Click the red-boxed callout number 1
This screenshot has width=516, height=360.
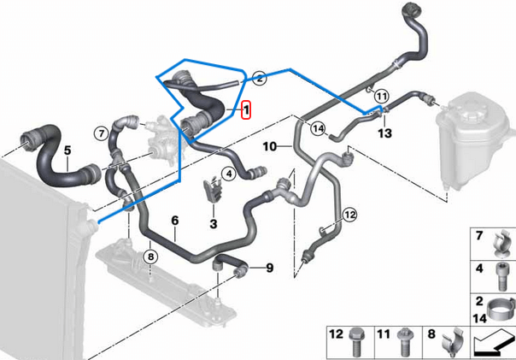(246, 111)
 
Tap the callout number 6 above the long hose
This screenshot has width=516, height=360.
(174, 221)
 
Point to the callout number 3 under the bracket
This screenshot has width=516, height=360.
(214, 223)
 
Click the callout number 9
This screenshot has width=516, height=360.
(268, 269)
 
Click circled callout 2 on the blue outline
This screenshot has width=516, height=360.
(260, 77)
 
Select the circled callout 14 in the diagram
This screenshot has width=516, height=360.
(319, 129)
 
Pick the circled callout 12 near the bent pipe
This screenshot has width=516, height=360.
(349, 214)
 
